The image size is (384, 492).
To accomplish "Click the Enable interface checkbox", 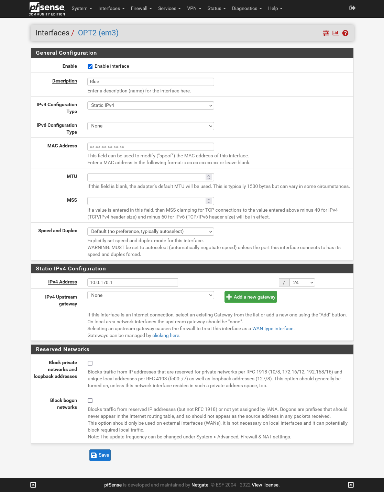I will [90, 67].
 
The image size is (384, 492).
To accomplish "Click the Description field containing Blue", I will [151, 82].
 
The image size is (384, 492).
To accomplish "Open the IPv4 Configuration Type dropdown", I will [151, 105].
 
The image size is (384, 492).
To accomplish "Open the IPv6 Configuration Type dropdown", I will [151, 126].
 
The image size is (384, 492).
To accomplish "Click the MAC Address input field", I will [151, 147].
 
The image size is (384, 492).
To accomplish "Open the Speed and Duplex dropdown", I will [151, 232].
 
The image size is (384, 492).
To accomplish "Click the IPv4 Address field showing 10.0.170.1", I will [133, 282].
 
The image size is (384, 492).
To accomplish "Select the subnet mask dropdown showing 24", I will [302, 282].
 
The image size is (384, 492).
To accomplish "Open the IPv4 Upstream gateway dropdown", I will [151, 295].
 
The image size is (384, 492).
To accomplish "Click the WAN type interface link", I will [273, 329].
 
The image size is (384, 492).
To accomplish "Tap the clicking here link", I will [166, 336].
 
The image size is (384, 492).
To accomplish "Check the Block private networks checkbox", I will [90, 363].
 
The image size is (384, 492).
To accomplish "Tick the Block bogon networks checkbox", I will [90, 401].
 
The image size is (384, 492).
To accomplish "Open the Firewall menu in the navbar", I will [141, 8].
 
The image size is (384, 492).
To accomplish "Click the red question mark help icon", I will [345, 33].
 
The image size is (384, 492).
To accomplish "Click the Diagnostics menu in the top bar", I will [246, 8].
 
